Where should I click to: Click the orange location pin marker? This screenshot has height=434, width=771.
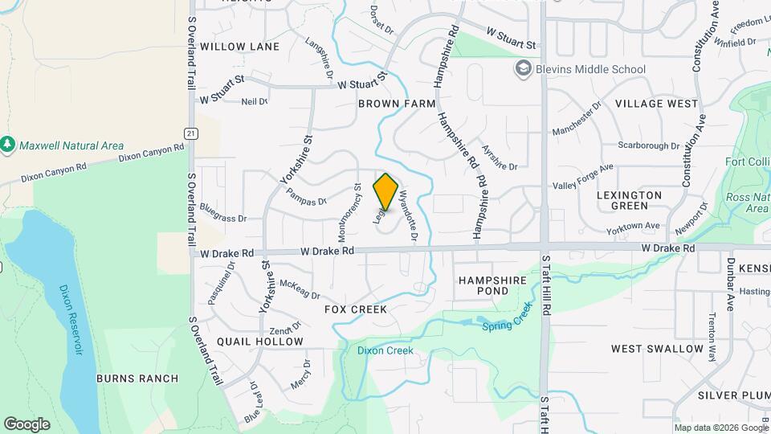385,192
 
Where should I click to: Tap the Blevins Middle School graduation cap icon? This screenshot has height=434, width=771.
524,69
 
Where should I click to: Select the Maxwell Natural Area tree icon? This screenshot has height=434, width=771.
8,145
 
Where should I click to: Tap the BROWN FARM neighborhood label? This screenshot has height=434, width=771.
397,104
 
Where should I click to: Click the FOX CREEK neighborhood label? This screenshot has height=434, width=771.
355,309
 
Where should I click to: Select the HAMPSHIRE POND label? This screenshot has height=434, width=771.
492,285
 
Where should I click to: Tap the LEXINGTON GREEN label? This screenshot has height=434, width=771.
630,200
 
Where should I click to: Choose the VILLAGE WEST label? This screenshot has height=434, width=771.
656,104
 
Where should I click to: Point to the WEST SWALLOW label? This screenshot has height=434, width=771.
657,349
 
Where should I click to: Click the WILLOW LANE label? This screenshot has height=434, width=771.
240,47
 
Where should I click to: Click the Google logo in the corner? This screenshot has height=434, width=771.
27,424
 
